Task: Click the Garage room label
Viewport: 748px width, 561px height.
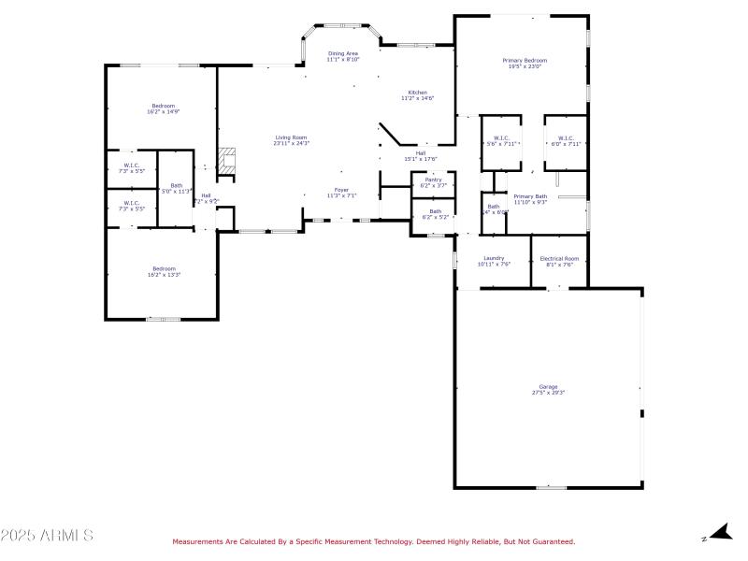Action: (x=548, y=386)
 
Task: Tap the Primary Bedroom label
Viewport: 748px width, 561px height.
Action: (x=527, y=61)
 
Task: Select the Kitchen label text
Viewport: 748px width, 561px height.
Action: (x=417, y=93)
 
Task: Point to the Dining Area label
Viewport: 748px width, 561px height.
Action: (x=342, y=54)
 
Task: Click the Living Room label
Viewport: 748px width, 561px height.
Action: (x=291, y=138)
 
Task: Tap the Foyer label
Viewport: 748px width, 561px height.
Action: (x=342, y=190)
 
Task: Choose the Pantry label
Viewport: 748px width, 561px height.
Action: (x=433, y=180)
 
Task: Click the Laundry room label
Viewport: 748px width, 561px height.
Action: (x=494, y=258)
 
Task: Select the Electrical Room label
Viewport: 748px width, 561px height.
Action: (x=559, y=258)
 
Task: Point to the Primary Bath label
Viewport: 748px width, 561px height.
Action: (x=530, y=196)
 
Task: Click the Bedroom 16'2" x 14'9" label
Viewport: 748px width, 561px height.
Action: (x=164, y=106)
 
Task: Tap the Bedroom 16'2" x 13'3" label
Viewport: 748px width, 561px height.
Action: (x=164, y=268)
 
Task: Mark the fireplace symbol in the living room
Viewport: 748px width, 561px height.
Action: (x=224, y=160)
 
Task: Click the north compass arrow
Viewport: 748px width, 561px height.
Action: (x=718, y=534)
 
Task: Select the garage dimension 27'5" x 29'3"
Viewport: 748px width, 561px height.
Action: (x=548, y=392)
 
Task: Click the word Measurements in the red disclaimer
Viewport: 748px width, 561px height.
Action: (x=197, y=541)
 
